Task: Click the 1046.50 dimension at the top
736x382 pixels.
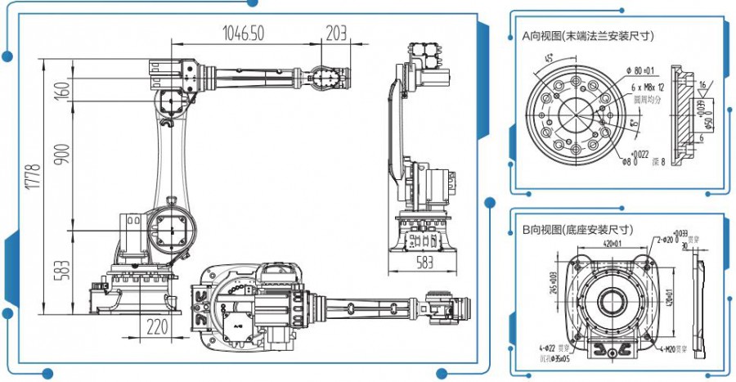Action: pyautogui.click(x=244, y=33)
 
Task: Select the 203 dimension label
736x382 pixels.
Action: pyautogui.click(x=335, y=33)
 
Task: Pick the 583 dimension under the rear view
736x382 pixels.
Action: pyautogui.click(x=424, y=263)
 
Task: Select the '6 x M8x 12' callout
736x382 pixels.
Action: pyautogui.click(x=646, y=86)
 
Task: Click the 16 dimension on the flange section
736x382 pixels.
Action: pyautogui.click(x=702, y=84)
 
